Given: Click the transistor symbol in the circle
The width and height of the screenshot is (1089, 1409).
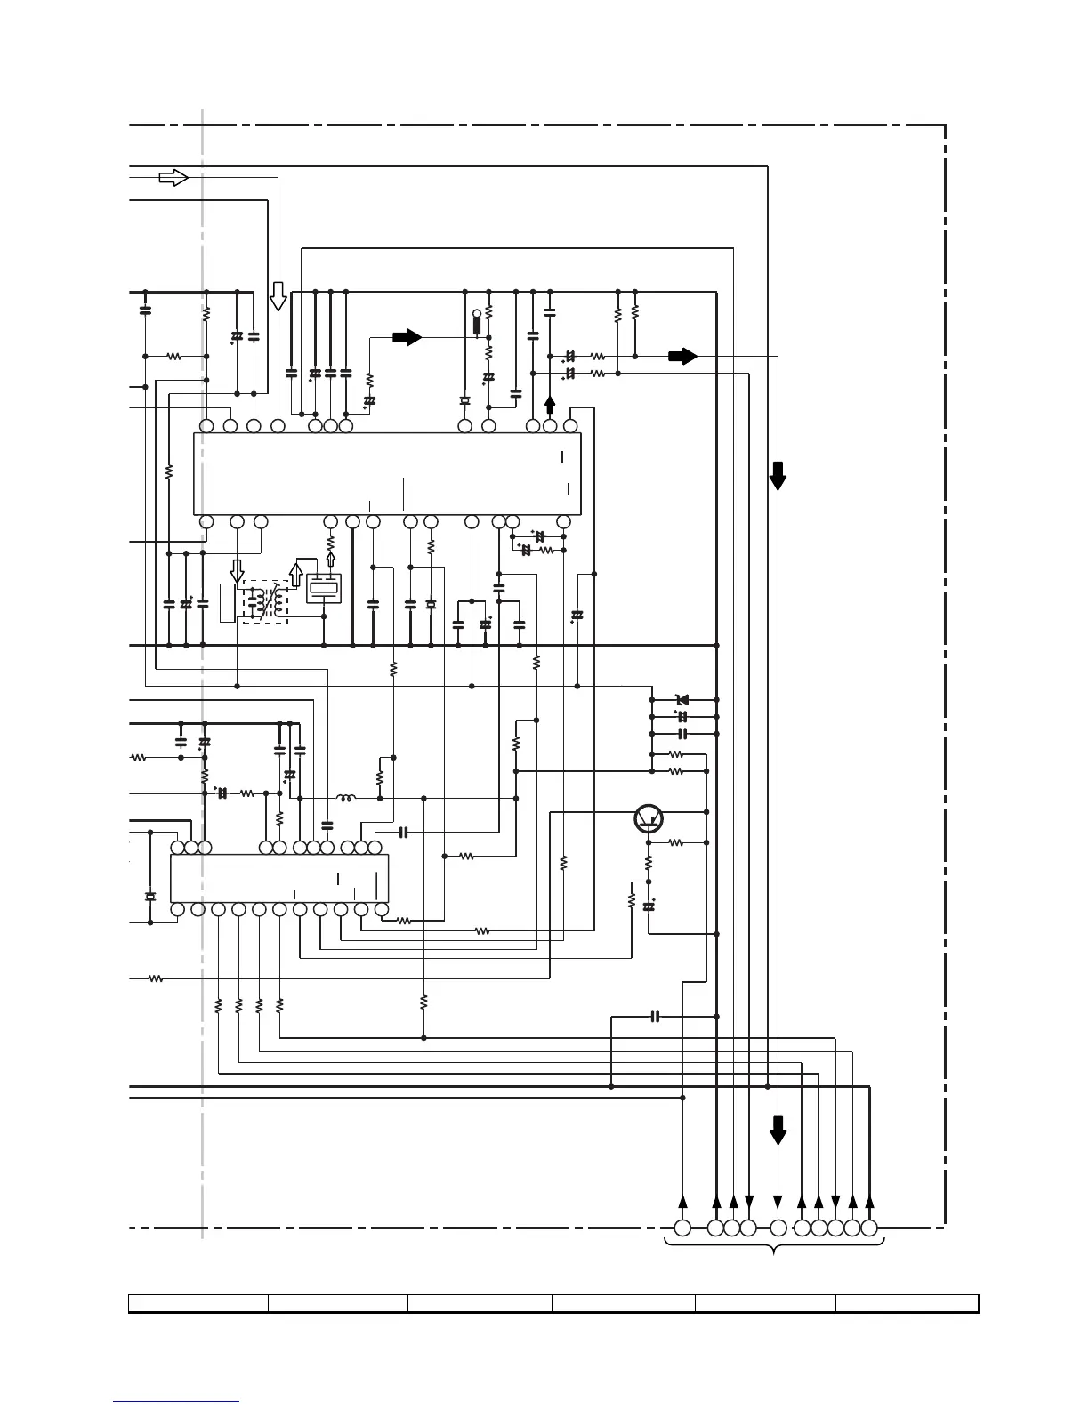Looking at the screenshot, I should [x=649, y=818].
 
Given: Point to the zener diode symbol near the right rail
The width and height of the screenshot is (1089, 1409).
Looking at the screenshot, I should [x=683, y=700].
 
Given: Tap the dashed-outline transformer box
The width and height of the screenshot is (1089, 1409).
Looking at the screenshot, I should [x=266, y=602].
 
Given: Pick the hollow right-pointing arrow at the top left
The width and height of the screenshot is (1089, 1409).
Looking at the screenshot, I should [x=173, y=178].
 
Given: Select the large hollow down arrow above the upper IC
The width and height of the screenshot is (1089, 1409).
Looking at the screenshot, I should [x=278, y=296].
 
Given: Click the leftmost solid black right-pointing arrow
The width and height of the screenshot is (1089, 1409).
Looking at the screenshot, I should [x=407, y=337].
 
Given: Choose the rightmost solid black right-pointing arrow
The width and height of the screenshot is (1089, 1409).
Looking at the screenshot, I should [x=682, y=356].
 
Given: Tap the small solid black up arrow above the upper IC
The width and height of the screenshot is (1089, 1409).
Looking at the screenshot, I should [x=550, y=406].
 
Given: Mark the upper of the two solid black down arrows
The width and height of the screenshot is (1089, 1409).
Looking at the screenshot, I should [x=778, y=476].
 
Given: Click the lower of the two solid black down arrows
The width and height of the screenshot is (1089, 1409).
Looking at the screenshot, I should [x=778, y=1131].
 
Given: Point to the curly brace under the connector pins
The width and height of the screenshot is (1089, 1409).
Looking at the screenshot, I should [x=775, y=1248].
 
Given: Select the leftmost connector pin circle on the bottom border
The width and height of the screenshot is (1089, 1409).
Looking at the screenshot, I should [x=682, y=1228].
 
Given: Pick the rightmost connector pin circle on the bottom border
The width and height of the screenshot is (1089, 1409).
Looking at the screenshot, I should [x=869, y=1228].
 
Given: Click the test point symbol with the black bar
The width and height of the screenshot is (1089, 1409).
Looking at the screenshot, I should [x=477, y=322].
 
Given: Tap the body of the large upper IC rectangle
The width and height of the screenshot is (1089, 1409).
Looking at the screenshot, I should [x=387, y=473].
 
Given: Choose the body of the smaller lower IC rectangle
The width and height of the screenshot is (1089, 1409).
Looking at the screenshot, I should [x=278, y=878].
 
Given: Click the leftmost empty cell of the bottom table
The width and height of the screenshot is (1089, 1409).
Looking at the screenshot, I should [x=198, y=1303].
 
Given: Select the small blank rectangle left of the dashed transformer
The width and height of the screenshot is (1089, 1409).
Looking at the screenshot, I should [x=227, y=603].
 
